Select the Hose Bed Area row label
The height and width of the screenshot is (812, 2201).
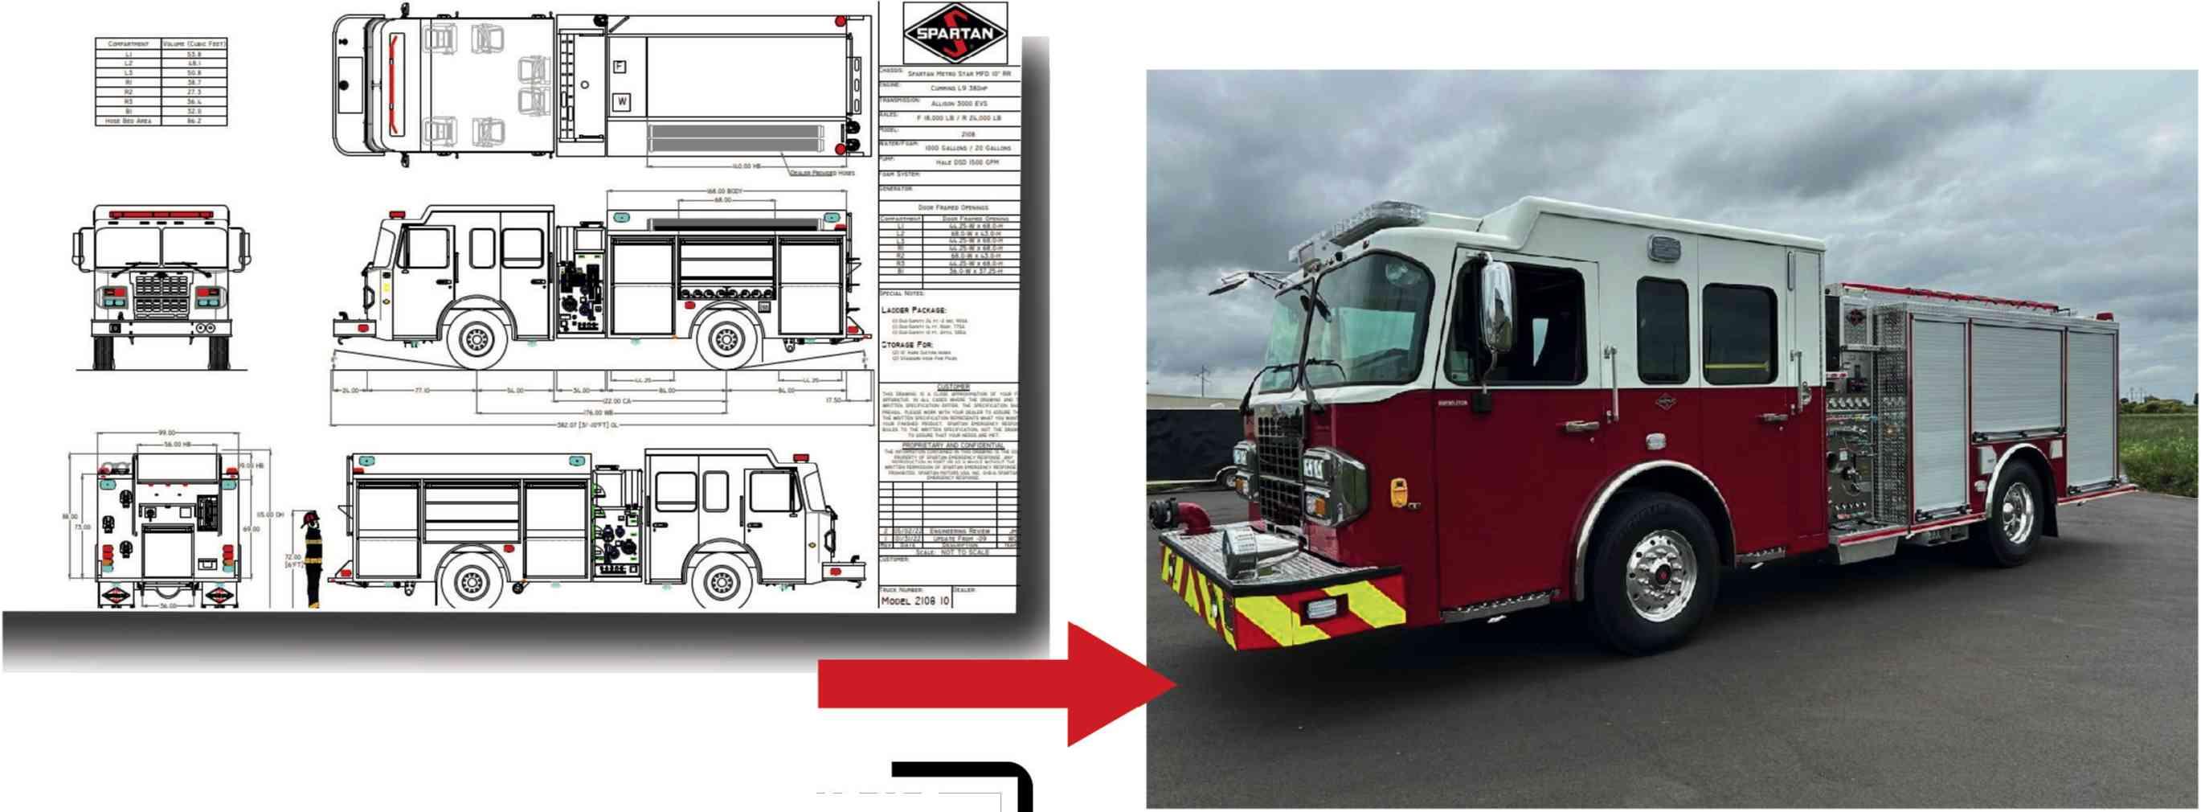128,121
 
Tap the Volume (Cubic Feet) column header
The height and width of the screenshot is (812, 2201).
194,43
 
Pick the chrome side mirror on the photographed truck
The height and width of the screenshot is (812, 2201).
1497,307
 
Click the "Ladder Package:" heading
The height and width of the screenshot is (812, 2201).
914,310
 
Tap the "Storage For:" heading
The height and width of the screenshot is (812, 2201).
906,344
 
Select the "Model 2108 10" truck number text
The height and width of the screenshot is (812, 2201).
914,601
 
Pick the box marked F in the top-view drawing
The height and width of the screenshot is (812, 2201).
620,67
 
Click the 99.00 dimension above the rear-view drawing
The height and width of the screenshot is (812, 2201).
166,433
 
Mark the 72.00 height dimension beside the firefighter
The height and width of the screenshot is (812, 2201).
293,560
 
